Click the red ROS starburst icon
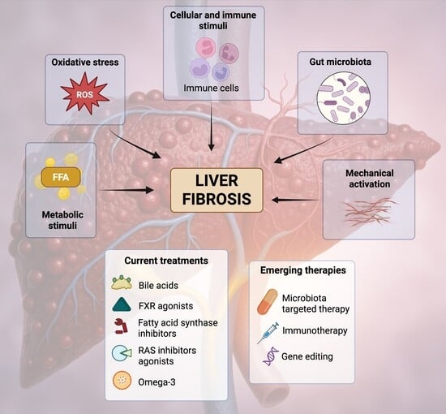[85, 93]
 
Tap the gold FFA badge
[61, 177]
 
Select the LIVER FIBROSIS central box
[217, 190]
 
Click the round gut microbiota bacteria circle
[344, 98]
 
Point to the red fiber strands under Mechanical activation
[370, 211]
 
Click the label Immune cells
[211, 88]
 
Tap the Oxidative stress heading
[85, 62]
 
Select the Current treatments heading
[166, 261]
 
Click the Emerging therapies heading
[303, 270]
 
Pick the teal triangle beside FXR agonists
[122, 304]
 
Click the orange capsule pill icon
[268, 302]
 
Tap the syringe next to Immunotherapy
[268, 333]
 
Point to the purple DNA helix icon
[271, 356]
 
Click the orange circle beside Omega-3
[122, 381]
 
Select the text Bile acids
[158, 285]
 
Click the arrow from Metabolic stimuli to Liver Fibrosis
[127, 190]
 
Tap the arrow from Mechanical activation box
[295, 200]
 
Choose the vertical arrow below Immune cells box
[211, 127]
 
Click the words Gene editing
[307, 356]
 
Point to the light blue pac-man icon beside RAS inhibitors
[122, 353]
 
